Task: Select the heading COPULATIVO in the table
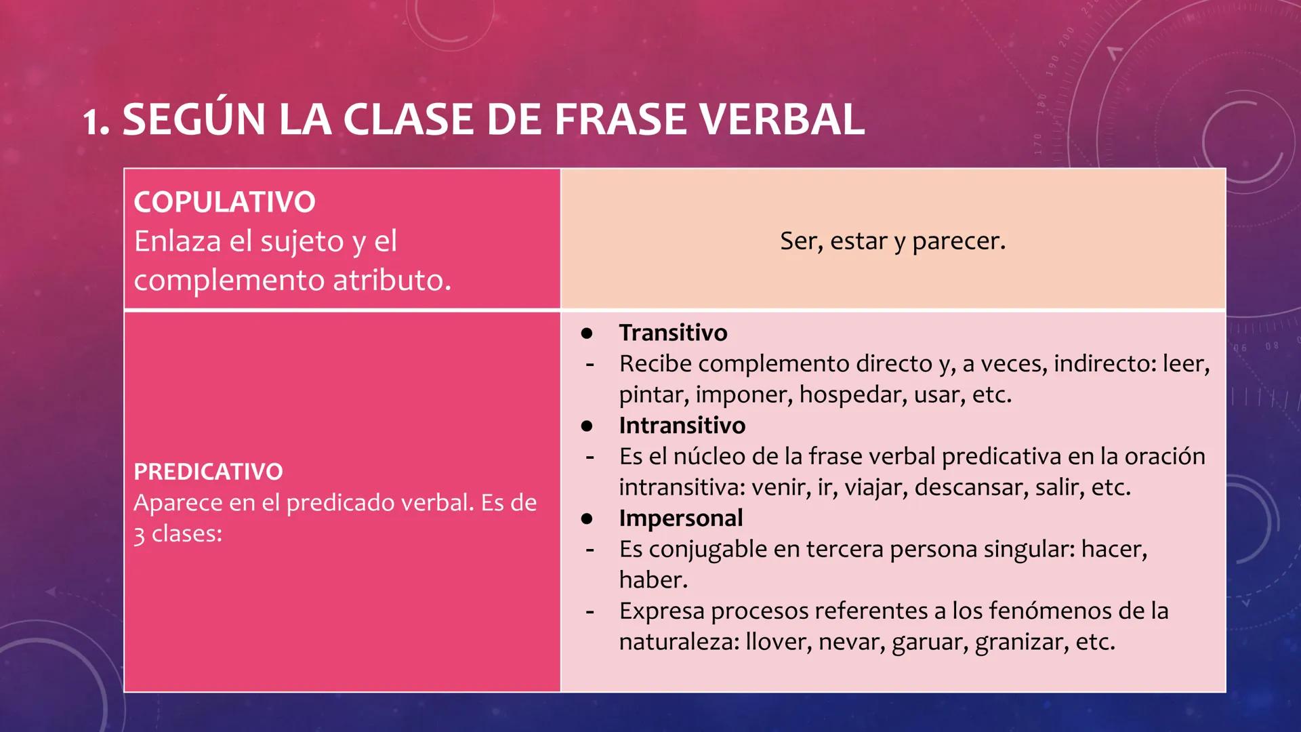click(224, 202)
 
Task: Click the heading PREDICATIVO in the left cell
click(208, 472)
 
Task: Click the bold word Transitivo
click(673, 333)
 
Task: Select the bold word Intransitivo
click(682, 426)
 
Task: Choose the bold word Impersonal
click(680, 518)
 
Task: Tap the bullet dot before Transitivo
click(587, 333)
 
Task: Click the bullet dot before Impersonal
click(587, 518)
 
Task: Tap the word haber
click(653, 580)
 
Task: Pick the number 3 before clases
click(139, 535)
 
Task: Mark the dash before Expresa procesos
click(590, 611)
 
